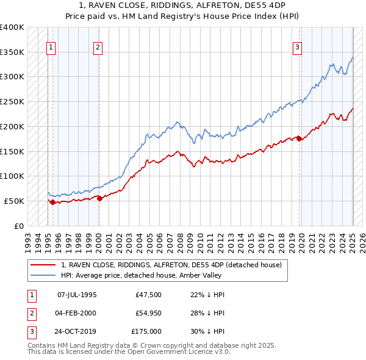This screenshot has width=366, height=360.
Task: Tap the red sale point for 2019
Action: pyautogui.click(x=300, y=139)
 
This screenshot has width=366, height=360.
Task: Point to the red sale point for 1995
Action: pyautogui.click(x=52, y=202)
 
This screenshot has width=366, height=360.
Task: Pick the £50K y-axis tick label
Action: pyautogui.click(x=15, y=201)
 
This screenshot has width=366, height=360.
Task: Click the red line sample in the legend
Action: pyautogui.click(x=43, y=265)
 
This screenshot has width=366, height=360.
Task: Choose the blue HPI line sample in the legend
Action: pyautogui.click(x=43, y=275)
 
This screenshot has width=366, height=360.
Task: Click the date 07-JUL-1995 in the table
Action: pyautogui.click(x=77, y=295)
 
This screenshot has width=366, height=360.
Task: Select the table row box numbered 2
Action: pyautogui.click(x=30, y=313)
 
